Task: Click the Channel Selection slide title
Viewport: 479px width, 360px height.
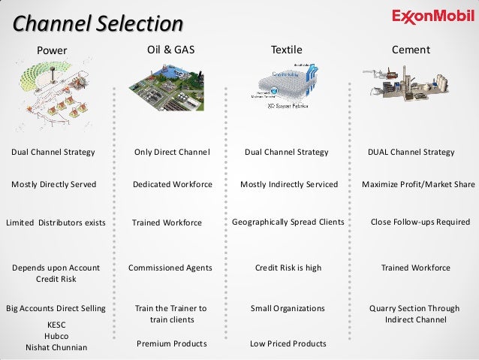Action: point(98,23)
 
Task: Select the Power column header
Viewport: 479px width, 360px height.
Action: point(53,50)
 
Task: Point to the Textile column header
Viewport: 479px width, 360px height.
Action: point(286,50)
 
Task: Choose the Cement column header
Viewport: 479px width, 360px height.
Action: point(411,50)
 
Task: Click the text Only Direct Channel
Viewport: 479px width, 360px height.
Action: point(172,153)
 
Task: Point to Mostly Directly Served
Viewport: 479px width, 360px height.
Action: point(53,184)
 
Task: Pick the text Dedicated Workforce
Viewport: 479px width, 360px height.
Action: point(172,184)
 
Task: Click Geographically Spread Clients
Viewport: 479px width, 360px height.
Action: point(288,222)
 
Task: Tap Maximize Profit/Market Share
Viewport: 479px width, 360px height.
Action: point(418,184)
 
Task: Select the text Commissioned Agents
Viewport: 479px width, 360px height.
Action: point(170,268)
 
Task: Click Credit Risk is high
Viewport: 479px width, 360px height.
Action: point(288,268)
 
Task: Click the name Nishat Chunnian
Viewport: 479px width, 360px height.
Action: point(56,347)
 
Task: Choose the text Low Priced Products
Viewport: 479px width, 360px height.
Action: point(288,343)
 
